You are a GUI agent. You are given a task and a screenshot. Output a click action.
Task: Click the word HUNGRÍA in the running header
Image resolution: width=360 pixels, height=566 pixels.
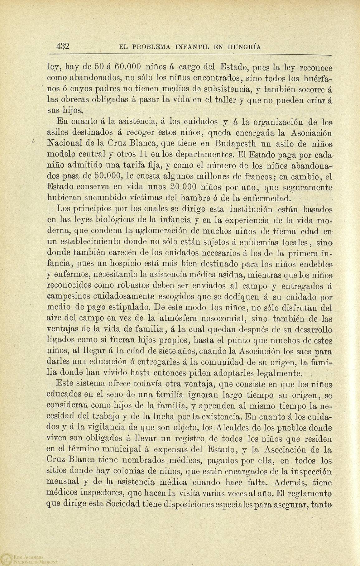(x=242, y=47)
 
